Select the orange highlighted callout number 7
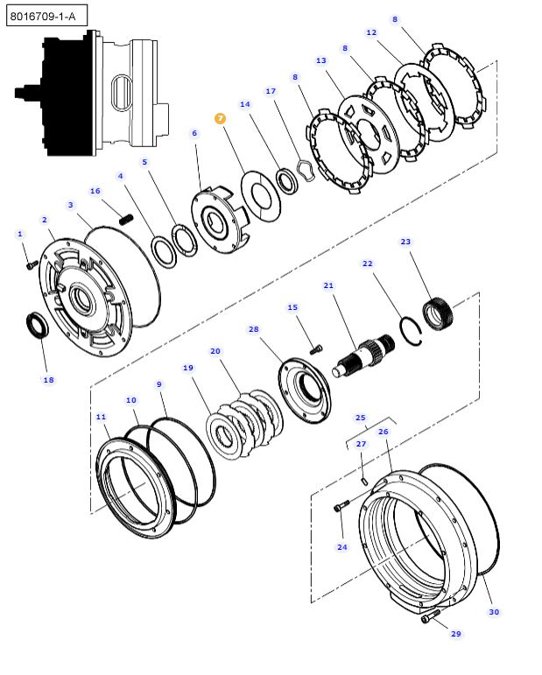220,117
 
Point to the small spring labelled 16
126,219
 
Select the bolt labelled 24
341,506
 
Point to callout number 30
494,611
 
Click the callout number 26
383,431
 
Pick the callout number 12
371,32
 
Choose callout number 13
321,60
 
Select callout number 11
102,417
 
